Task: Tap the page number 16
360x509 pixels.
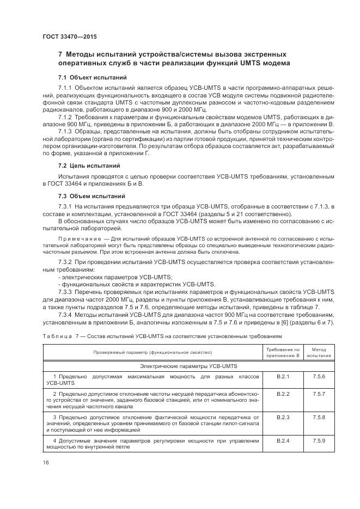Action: tap(45, 463)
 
